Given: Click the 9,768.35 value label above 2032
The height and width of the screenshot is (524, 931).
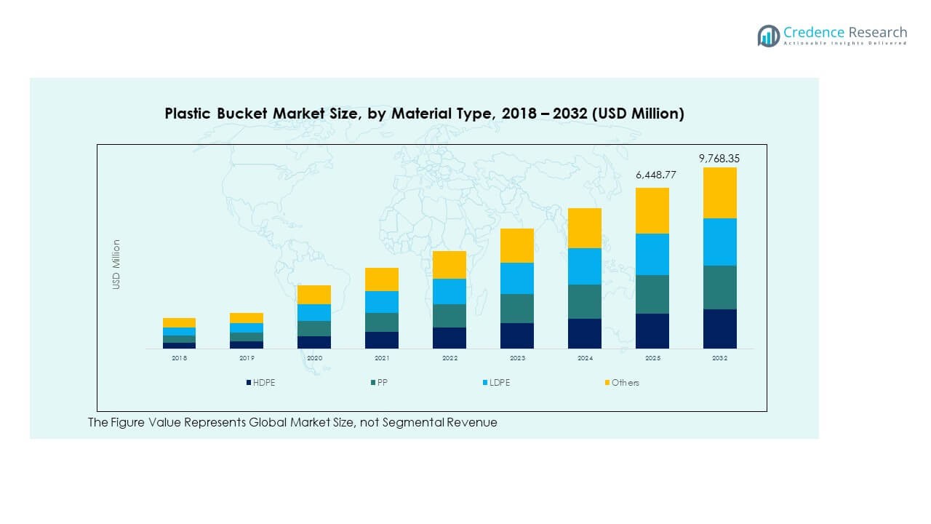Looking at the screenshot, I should pos(719,158).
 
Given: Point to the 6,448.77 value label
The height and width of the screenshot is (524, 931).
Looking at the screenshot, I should pos(652,175).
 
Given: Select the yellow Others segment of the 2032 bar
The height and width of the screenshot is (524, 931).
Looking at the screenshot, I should pos(719,193).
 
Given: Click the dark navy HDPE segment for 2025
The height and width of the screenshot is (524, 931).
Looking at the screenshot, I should pos(652,331).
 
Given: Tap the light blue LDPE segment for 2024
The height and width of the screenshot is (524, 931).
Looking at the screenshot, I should pos(585,266).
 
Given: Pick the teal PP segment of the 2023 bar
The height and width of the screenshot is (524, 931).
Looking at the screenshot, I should pos(517,309).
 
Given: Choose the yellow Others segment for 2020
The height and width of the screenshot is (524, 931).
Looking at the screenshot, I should pos(314,295).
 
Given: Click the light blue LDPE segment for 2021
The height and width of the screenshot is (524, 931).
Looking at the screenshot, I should pos(382,302).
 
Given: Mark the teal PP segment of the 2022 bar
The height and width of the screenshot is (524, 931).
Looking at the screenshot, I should pos(449,316).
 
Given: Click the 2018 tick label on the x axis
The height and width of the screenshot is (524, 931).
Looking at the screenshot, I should pos(179,359).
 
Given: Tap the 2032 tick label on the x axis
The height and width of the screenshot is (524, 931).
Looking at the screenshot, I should pos(719,359).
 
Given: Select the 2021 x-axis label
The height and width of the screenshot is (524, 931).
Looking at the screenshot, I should pos(382,359).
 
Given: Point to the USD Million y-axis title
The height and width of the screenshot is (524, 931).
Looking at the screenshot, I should pos(116,265).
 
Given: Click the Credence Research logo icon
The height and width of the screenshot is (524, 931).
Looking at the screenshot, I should pos(768,36).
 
